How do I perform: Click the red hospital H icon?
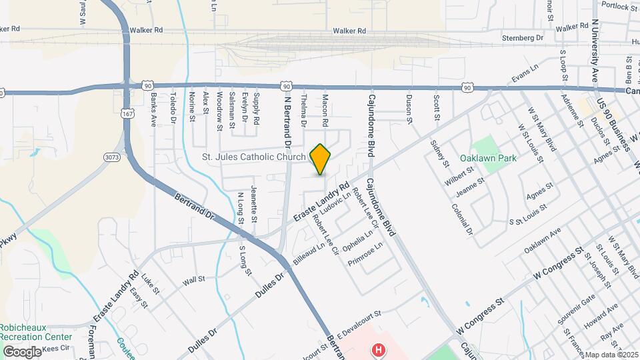pos(379,349)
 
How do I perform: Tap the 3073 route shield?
pos(112,157)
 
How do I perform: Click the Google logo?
pos(22,351)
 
